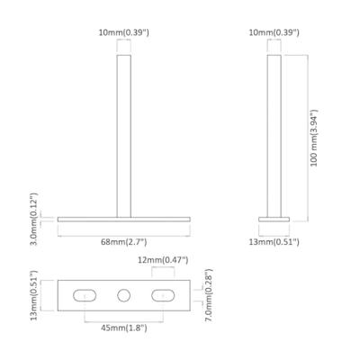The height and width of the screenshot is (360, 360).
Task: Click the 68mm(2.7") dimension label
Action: pos(125,242)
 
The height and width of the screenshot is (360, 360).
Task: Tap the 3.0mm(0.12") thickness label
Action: pos(32,219)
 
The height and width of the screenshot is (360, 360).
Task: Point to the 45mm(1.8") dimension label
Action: pos(125,328)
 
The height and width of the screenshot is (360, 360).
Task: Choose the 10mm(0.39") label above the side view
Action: pos(273,33)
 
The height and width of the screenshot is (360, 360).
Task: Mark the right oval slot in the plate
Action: pos(166,294)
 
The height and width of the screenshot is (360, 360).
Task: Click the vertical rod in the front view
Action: pos(123,135)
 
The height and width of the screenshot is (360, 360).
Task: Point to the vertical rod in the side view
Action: pos(274,135)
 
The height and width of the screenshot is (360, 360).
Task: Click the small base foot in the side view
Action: pos(273,219)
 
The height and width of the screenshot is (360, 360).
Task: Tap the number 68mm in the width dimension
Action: pos(112,242)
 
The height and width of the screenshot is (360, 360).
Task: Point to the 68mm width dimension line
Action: pos(90,232)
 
